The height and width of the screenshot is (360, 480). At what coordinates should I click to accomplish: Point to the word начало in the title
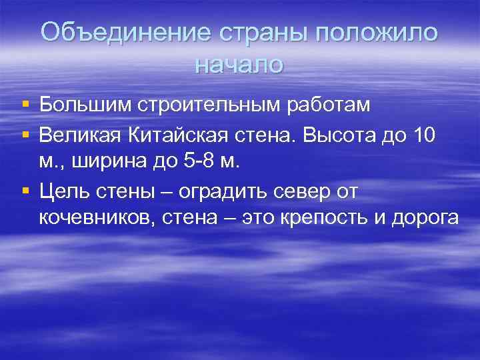click(x=239, y=64)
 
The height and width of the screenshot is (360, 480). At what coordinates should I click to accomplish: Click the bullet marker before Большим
click(x=25, y=105)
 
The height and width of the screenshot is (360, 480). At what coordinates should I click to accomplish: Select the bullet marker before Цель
click(x=25, y=192)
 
